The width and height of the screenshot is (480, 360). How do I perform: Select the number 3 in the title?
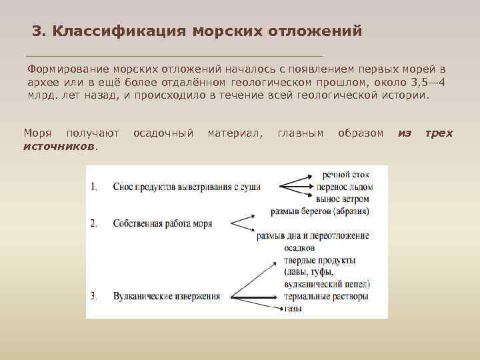37,31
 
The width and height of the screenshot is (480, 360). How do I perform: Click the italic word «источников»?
59,145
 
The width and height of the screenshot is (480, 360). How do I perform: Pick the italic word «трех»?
439,133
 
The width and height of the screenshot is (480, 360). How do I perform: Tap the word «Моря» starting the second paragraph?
37,133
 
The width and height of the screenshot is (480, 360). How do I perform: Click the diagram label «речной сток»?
346,175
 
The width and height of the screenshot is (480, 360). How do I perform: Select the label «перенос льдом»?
345,187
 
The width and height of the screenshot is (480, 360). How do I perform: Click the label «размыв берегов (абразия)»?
320,211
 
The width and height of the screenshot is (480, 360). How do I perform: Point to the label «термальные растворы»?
326,296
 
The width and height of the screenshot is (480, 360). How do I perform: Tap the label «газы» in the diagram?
294,308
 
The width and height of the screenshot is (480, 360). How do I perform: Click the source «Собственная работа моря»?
163,224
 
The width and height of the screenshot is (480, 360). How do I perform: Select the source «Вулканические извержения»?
167,296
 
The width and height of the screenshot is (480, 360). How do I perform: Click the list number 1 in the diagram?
94,187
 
